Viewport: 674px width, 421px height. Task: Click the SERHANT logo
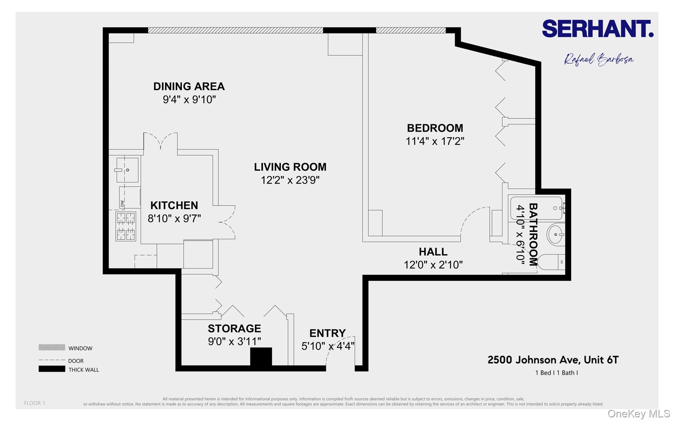click(x=597, y=29)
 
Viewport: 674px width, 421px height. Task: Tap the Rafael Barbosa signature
click(x=598, y=60)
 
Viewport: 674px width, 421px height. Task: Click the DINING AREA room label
click(x=189, y=87)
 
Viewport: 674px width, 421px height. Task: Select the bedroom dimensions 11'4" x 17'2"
click(x=435, y=141)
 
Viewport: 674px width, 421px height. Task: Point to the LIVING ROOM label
click(x=290, y=167)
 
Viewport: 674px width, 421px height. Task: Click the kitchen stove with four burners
click(x=126, y=226)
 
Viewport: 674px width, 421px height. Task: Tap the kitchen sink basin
click(x=128, y=170)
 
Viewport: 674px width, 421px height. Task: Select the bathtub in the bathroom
click(x=536, y=208)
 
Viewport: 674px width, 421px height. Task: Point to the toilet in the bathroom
click(x=551, y=262)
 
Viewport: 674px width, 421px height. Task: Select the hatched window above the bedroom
click(x=411, y=30)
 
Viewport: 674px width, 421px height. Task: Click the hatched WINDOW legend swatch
click(x=52, y=348)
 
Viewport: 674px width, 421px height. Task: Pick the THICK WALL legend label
click(x=84, y=370)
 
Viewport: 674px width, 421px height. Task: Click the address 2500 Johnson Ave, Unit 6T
click(x=553, y=360)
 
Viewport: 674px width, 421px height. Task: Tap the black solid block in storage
click(x=261, y=356)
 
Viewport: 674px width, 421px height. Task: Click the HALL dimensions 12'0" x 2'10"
click(x=433, y=265)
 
